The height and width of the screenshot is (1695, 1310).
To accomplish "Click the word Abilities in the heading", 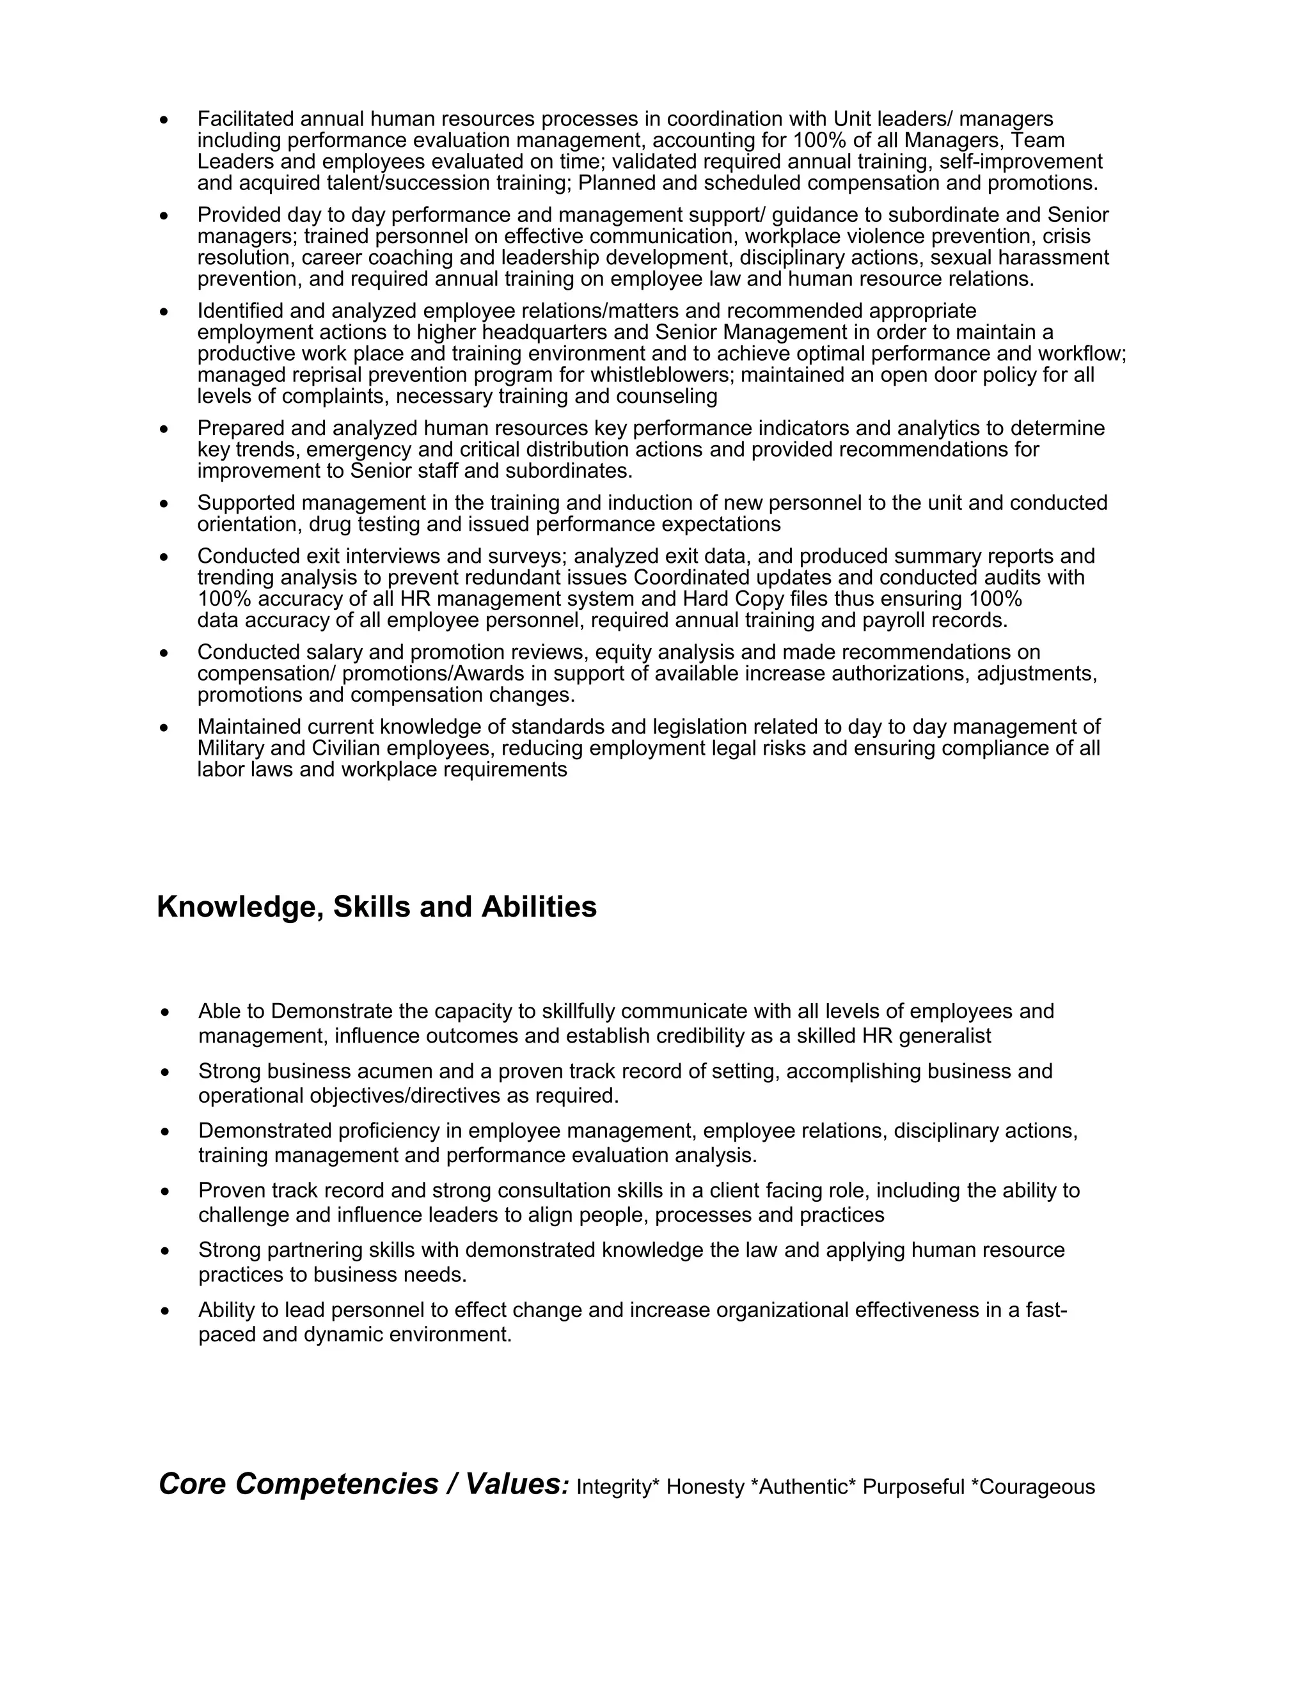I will (x=539, y=906).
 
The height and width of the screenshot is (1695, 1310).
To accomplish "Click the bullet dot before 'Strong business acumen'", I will (x=164, y=1073).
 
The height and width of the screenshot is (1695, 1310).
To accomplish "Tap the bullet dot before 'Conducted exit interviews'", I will (x=164, y=557).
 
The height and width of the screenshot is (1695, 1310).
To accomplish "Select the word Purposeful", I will (x=913, y=1487).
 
